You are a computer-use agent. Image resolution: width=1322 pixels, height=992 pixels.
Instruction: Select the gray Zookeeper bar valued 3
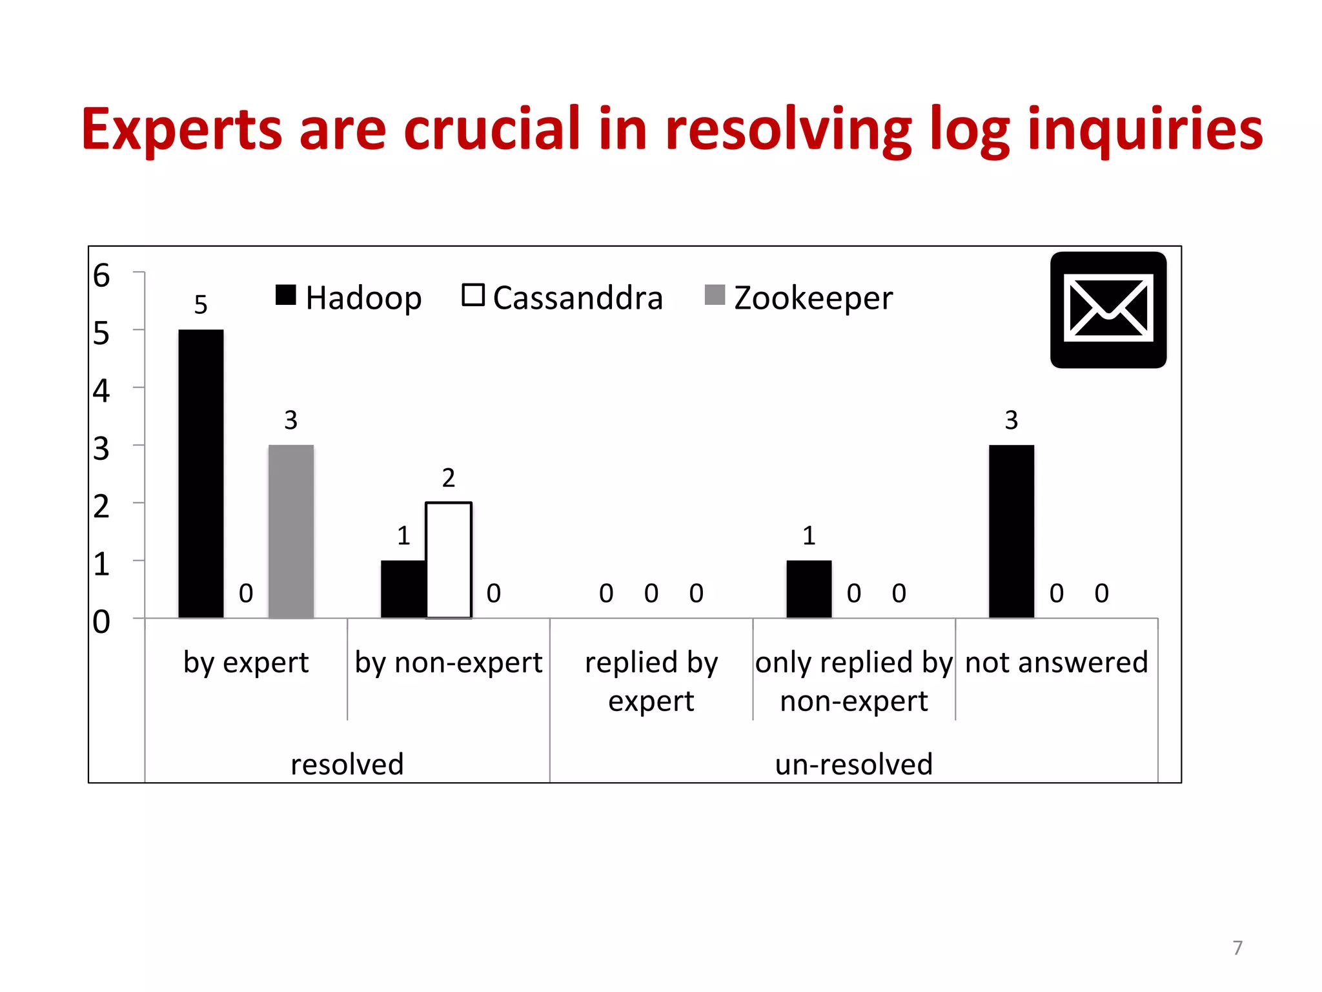click(291, 531)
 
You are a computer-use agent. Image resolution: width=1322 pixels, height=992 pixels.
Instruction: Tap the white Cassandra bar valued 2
click(449, 560)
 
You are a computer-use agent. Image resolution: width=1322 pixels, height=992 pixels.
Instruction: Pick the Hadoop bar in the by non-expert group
click(403, 589)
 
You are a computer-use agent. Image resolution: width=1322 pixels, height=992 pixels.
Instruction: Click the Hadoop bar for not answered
click(1011, 531)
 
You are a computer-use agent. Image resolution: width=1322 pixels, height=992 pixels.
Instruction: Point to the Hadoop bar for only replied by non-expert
click(809, 589)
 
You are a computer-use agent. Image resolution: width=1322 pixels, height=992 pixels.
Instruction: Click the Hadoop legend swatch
click(285, 295)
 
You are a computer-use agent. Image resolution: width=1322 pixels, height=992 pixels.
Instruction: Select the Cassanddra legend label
click(578, 298)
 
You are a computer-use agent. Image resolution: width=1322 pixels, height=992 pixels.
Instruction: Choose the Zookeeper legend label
click(813, 298)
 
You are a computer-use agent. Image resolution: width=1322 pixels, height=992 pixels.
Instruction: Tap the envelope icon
click(1108, 310)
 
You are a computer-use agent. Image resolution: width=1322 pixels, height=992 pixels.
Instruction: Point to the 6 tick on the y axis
click(101, 276)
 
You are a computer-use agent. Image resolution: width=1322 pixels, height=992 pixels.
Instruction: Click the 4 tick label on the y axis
click(101, 391)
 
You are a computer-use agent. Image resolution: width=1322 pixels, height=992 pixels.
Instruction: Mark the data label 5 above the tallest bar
click(201, 305)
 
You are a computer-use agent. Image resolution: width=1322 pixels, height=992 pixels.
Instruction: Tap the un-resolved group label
click(853, 764)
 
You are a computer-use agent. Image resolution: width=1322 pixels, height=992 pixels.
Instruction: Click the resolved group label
click(347, 764)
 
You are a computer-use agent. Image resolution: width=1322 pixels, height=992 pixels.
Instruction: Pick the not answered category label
click(1056, 663)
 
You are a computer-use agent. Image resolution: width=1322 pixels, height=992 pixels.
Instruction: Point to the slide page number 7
click(1237, 947)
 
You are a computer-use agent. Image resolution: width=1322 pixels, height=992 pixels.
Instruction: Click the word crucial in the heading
click(493, 129)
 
